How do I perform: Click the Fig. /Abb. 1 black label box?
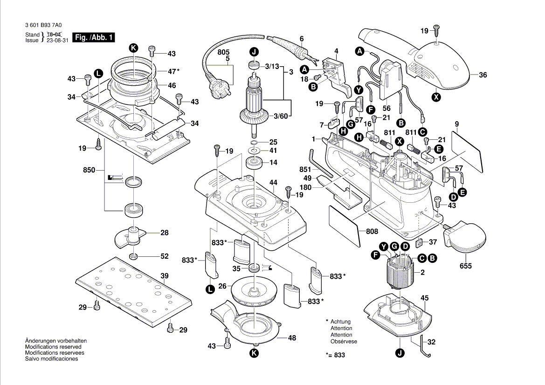tap(95, 37)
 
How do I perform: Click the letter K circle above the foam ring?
tap(133, 48)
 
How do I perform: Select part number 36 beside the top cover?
tap(483, 75)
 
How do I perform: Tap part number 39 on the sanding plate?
tap(164, 276)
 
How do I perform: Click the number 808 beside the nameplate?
tap(372, 231)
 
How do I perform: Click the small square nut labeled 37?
tap(419, 242)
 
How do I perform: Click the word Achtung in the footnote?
tap(341, 322)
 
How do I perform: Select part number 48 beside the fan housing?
tap(292, 338)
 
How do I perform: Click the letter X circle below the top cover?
tap(436, 97)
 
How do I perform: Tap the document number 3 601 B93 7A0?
tap(45, 26)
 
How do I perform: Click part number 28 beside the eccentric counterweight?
tap(164, 233)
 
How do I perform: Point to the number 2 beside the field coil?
tap(422, 272)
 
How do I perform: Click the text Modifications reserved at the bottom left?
tap(53, 347)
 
